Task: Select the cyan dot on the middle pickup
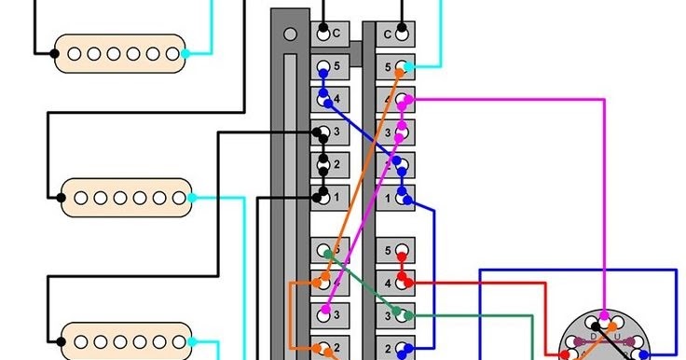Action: click(x=192, y=198)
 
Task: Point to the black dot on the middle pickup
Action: click(x=64, y=198)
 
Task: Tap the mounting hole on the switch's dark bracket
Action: click(x=290, y=35)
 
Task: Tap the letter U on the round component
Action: click(x=616, y=335)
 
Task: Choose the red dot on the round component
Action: click(x=570, y=355)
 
